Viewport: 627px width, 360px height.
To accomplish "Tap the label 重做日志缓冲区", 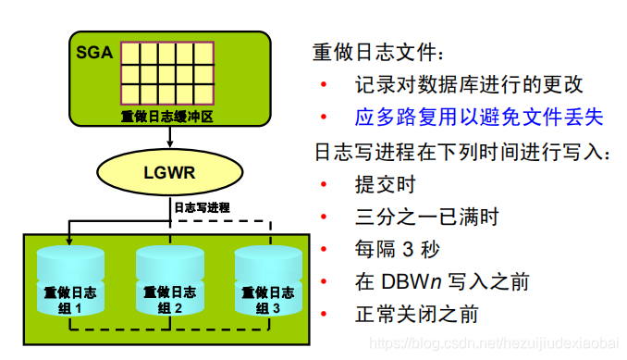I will tap(166, 117).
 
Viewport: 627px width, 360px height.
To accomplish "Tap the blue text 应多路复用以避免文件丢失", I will tap(478, 118).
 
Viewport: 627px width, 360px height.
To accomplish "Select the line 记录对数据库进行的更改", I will tap(469, 85).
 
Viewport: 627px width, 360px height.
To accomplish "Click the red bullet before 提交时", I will tap(323, 185).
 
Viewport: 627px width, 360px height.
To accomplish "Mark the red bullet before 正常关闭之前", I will tap(323, 315).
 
